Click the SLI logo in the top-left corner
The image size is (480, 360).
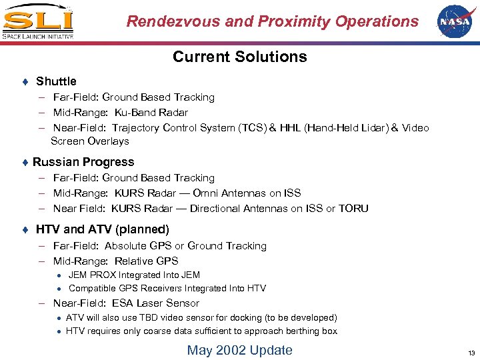coord(37,21)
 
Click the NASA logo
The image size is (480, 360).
coord(453,21)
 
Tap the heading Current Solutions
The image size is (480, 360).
coord(239,57)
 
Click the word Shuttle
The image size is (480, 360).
coord(56,81)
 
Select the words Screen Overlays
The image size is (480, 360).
coord(89,141)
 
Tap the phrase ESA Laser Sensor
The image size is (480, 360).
coord(157,303)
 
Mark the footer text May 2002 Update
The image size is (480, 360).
coord(239,350)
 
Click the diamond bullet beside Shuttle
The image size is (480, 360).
coord(25,81)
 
